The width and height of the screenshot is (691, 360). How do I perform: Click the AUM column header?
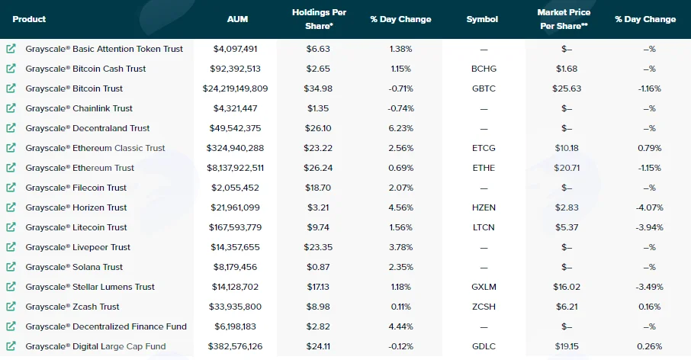point(237,19)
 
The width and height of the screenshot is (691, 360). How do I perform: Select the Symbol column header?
point(482,19)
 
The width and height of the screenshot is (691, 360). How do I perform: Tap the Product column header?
point(29,19)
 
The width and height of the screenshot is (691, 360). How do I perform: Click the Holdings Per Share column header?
point(319,19)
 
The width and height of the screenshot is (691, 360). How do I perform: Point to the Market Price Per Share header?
point(564,19)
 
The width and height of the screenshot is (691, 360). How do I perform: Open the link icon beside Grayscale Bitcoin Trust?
point(11,88)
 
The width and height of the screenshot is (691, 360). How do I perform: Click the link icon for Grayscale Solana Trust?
point(11,267)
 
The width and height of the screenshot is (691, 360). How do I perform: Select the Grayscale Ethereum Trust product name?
point(80,168)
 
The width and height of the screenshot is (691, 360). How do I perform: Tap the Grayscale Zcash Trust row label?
point(72,307)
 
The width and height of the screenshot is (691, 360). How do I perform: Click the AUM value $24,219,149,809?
point(236,88)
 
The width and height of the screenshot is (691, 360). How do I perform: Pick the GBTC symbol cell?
point(484,88)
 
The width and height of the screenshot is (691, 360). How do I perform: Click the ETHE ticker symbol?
point(484,168)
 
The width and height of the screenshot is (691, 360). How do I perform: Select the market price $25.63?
point(567,88)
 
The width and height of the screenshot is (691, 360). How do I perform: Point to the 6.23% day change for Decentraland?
point(401,128)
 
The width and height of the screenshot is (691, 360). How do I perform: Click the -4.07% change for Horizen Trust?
point(650,207)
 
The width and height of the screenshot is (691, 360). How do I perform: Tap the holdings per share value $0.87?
point(318,267)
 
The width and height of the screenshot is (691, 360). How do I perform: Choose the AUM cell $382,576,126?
point(236,346)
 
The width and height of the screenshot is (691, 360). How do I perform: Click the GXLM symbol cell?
point(484,287)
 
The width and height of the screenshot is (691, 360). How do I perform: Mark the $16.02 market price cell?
point(567,287)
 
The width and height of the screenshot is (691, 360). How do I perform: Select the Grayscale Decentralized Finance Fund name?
point(106,326)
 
